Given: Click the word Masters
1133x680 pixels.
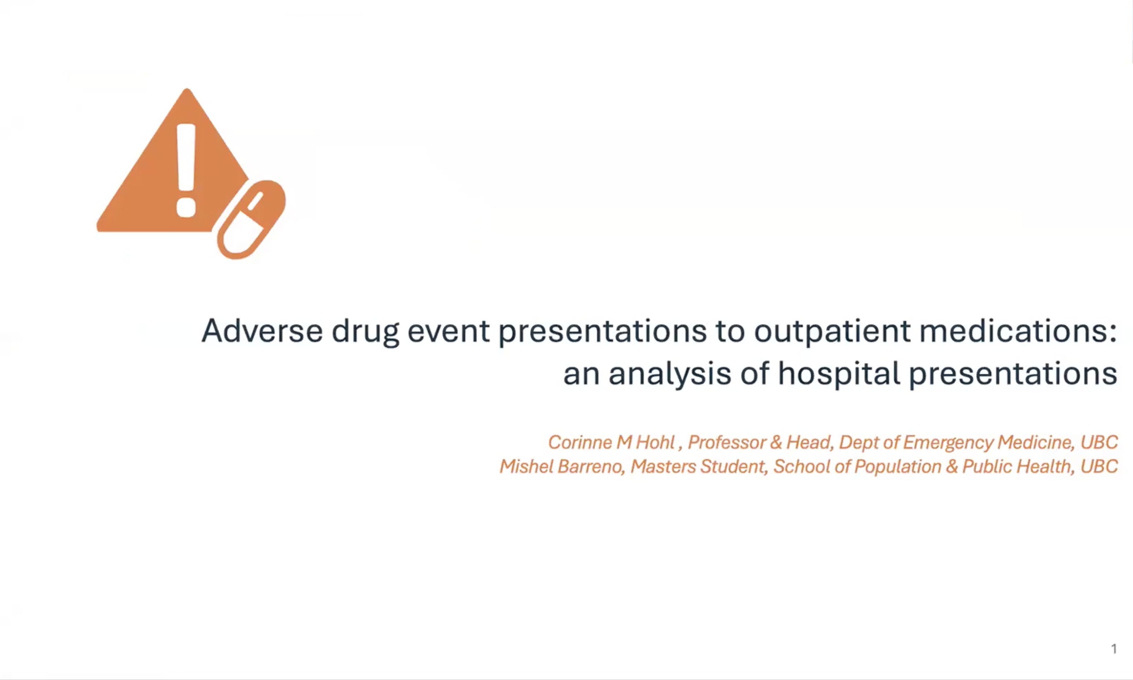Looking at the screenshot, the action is pos(663,466).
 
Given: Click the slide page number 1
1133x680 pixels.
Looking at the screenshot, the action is pos(1114,649).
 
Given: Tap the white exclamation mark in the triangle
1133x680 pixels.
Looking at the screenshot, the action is pos(186,170).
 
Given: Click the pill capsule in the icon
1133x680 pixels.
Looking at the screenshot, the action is pos(251,219).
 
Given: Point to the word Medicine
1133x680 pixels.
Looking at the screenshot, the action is pos(1037,442).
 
